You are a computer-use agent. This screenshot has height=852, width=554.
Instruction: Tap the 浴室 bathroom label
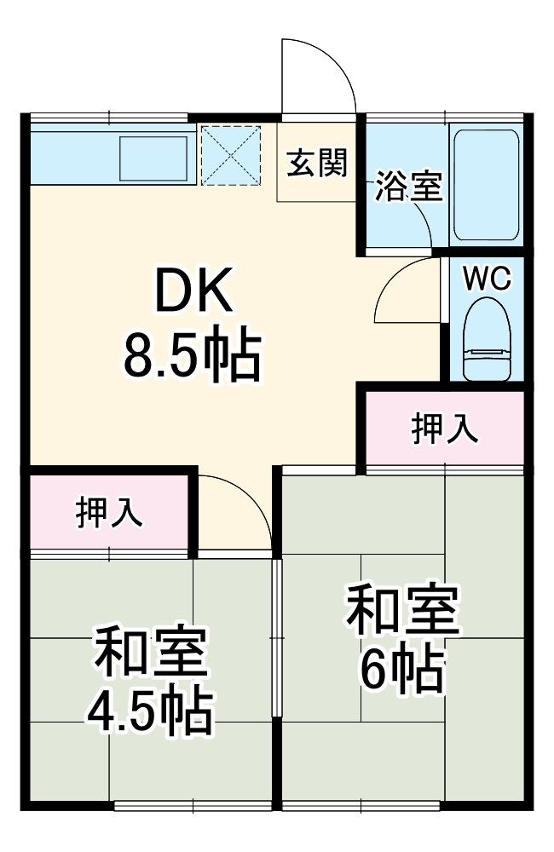(x=410, y=187)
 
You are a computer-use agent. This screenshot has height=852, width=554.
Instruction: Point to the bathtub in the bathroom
(x=485, y=184)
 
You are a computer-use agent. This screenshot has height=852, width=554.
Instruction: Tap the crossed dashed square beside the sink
(x=230, y=154)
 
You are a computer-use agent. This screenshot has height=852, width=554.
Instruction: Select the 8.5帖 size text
(x=191, y=356)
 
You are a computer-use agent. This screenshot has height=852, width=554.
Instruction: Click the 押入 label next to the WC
(x=444, y=429)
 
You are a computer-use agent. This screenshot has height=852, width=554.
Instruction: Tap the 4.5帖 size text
(x=149, y=711)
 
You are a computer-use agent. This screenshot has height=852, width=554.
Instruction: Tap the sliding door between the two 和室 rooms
(x=276, y=639)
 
